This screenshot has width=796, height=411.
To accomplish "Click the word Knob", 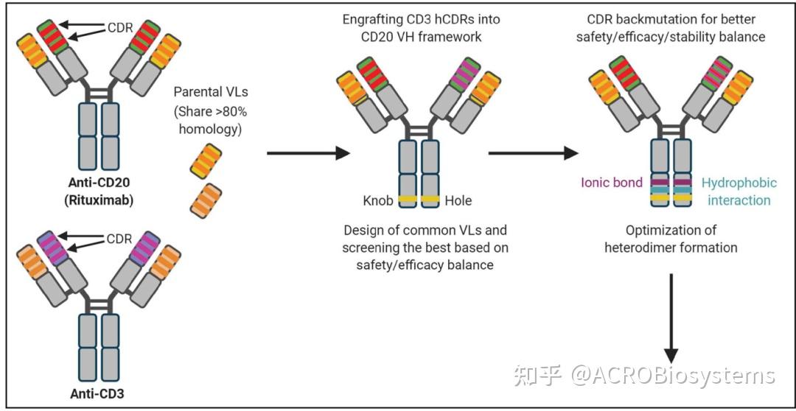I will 378,200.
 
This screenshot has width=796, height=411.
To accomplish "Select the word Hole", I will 457,200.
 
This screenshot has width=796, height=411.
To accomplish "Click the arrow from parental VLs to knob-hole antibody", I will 306,153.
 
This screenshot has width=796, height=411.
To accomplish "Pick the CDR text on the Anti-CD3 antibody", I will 120,239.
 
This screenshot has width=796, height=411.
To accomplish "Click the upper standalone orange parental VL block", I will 203,161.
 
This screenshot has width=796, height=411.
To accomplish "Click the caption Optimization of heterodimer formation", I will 671,239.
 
